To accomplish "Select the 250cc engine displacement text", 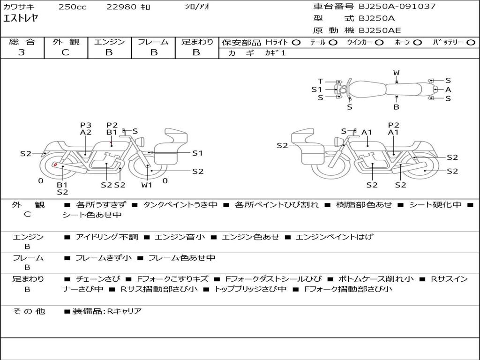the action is (x=73, y=7).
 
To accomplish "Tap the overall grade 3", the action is (x=22, y=52).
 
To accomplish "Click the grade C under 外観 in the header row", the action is (x=65, y=52).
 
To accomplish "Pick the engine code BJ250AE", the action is (x=380, y=30).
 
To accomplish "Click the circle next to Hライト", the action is (x=296, y=43).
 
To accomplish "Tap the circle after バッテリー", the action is (x=471, y=43).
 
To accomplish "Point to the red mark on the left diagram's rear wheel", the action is (x=55, y=165).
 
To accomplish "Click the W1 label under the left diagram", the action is (x=147, y=185).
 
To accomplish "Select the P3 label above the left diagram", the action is (x=86, y=125).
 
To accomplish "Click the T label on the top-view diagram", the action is (x=320, y=81).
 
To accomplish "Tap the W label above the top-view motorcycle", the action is (x=397, y=73).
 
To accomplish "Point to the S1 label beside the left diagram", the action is (x=197, y=153).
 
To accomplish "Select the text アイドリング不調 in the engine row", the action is (x=107, y=237).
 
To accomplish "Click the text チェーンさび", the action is (x=98, y=279).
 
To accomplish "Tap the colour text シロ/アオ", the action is (x=197, y=7).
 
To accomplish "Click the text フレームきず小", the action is (x=104, y=258).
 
